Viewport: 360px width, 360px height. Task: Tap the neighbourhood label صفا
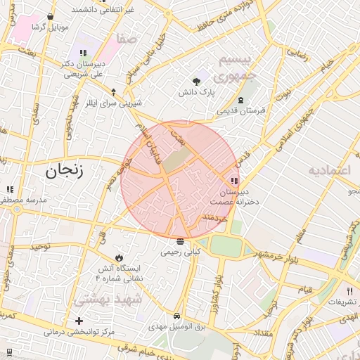(x=128, y=40)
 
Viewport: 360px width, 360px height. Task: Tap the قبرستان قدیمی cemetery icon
(x=241, y=101)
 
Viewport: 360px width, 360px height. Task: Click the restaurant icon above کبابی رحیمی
(x=181, y=241)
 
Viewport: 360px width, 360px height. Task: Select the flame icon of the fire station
(x=119, y=258)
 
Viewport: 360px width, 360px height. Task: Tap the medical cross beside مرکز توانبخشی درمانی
(x=79, y=321)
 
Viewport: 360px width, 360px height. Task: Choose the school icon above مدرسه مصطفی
(x=10, y=189)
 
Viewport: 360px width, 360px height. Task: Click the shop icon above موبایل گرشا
(x=50, y=16)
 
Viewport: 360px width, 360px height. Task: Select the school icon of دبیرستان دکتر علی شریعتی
(x=83, y=53)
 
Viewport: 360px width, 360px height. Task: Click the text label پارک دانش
(x=194, y=92)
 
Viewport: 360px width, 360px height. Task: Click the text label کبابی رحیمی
(x=181, y=251)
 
